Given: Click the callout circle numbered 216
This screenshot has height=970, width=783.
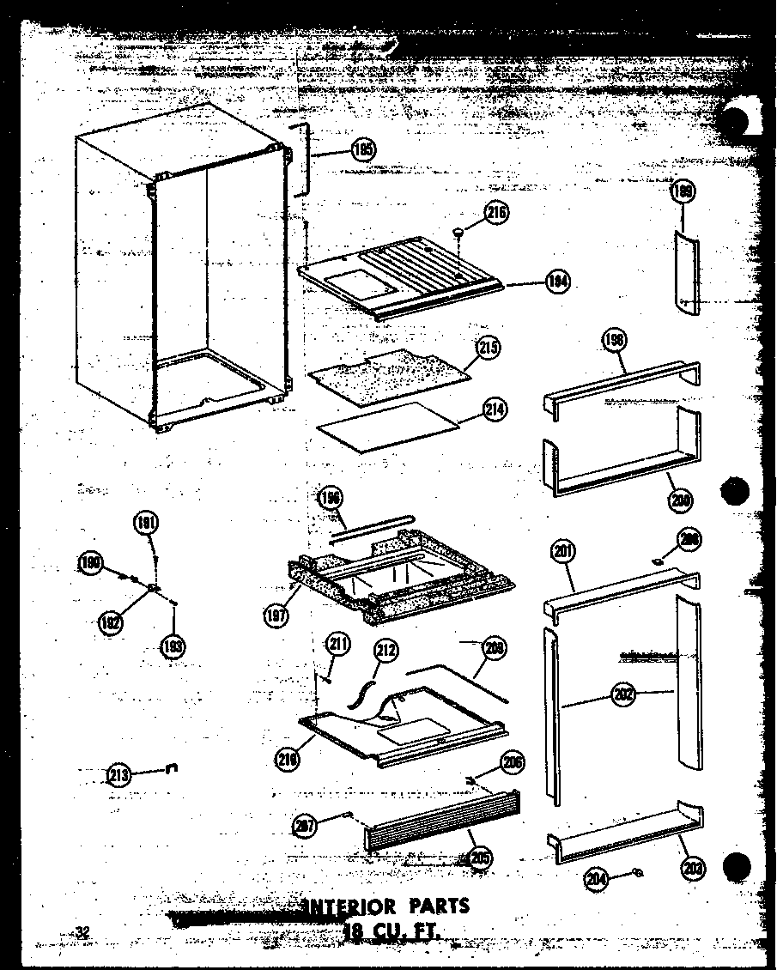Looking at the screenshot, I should (x=496, y=215).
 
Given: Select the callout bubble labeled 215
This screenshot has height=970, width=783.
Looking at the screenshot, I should (x=489, y=348).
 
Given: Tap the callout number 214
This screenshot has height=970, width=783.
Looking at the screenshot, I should (x=495, y=410).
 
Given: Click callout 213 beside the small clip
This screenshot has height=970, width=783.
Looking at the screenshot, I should (x=119, y=775).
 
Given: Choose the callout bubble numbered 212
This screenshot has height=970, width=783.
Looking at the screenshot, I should (x=386, y=652).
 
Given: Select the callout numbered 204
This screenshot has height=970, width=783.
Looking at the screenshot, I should (x=597, y=877).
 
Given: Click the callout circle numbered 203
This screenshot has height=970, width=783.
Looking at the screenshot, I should (x=693, y=868).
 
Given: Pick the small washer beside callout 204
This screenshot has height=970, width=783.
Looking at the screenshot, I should (x=637, y=874).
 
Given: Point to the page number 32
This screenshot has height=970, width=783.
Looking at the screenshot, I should (x=82, y=931).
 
